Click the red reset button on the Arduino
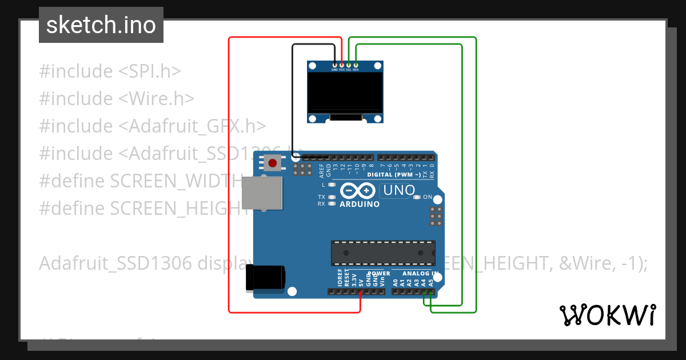[x=273, y=163]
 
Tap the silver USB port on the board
[x=262, y=193]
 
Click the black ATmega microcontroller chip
[x=382, y=253]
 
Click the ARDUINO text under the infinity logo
[x=360, y=204]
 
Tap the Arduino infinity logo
[x=358, y=190]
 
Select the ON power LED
[x=417, y=197]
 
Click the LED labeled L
[x=332, y=185]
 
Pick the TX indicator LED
[x=332, y=197]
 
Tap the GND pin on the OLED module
[x=335, y=65]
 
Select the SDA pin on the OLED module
[x=356, y=65]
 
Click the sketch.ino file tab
[x=101, y=25]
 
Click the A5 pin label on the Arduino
[x=430, y=281]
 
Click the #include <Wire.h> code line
[x=117, y=99]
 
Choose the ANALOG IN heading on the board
[x=418, y=274]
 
